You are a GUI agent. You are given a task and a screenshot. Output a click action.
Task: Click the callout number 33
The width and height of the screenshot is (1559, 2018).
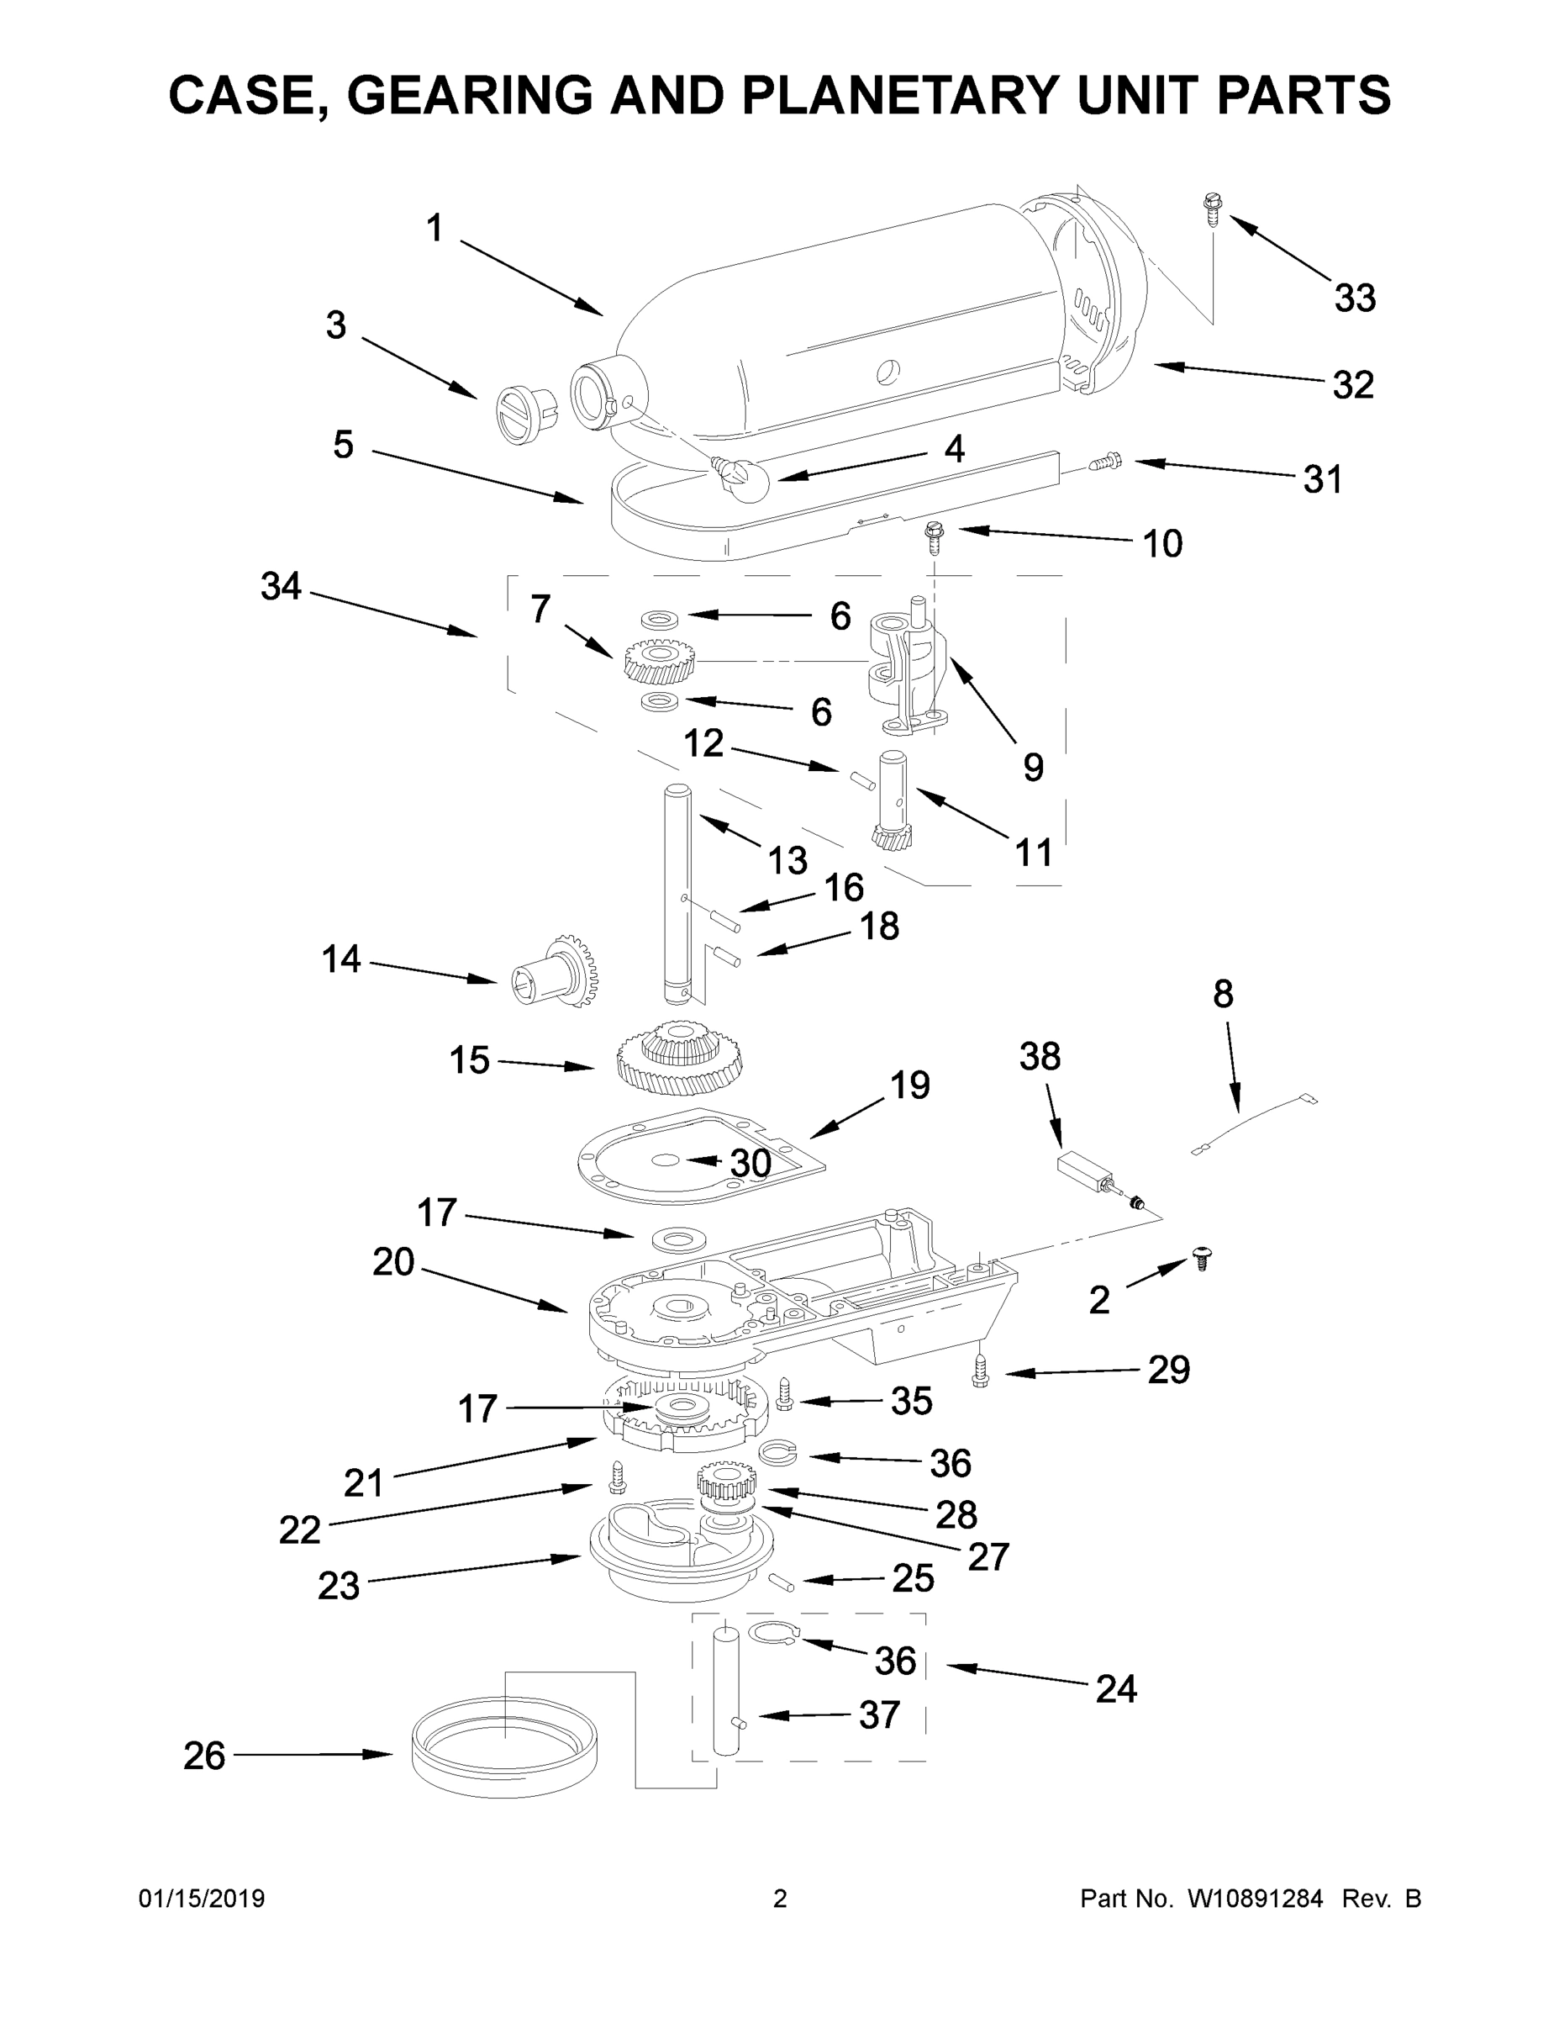tap(1354, 298)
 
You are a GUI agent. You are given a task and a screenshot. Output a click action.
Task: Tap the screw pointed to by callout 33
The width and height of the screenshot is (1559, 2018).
tap(1210, 209)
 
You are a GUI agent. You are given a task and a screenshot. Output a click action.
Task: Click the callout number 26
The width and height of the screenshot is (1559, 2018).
tap(203, 1756)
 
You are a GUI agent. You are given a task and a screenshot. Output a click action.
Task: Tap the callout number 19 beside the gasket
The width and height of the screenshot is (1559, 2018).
tap(909, 1085)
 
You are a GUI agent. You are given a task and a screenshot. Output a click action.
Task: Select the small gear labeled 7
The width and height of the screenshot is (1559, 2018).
tap(660, 661)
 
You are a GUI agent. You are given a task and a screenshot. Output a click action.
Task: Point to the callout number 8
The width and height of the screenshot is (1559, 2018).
tap(1222, 994)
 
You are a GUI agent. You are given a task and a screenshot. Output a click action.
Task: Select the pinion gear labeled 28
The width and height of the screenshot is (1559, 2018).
tap(727, 1484)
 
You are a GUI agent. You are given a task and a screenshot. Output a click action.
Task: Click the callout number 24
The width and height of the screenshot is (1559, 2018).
tap(1116, 1690)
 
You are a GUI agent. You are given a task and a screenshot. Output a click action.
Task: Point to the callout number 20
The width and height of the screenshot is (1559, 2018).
tap(393, 1262)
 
